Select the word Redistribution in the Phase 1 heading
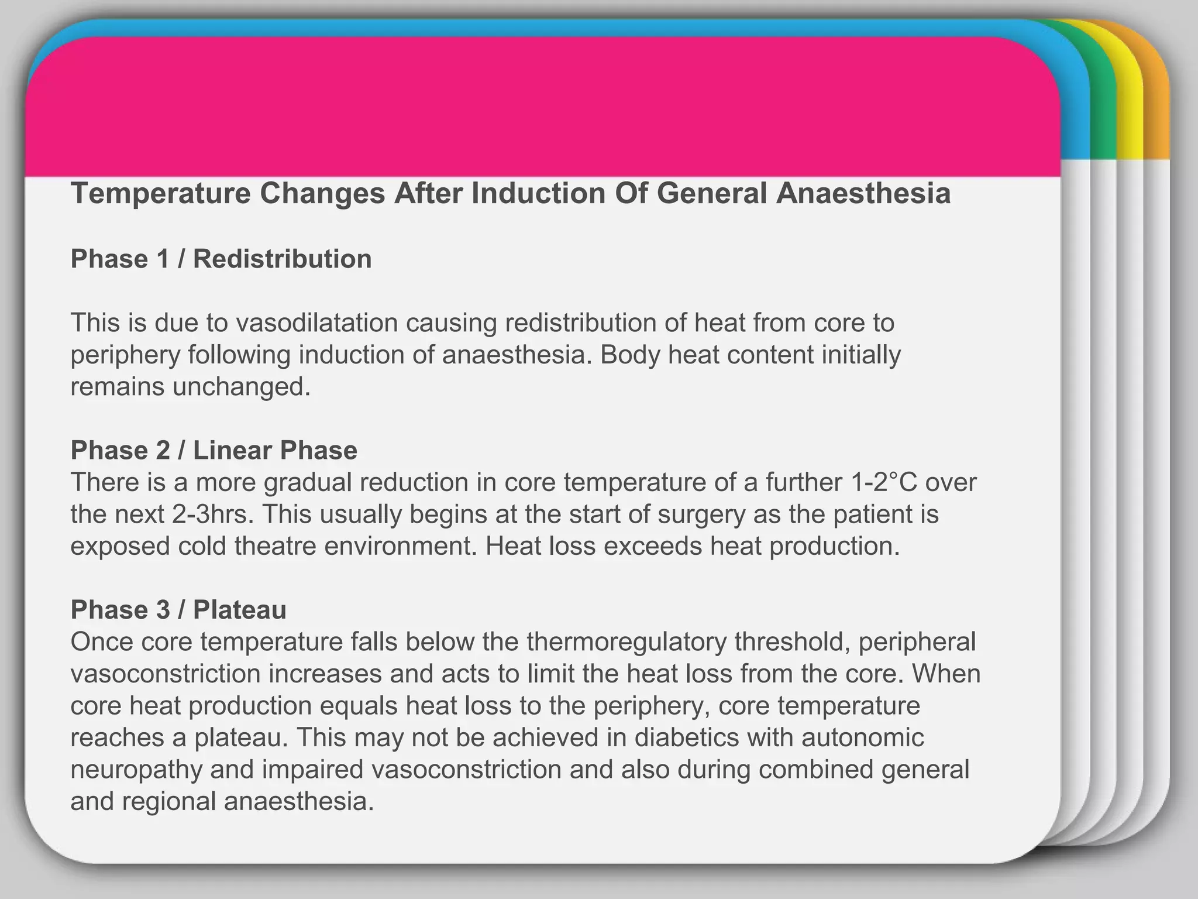[282, 259]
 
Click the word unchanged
[242, 386]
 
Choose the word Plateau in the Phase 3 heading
[240, 610]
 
